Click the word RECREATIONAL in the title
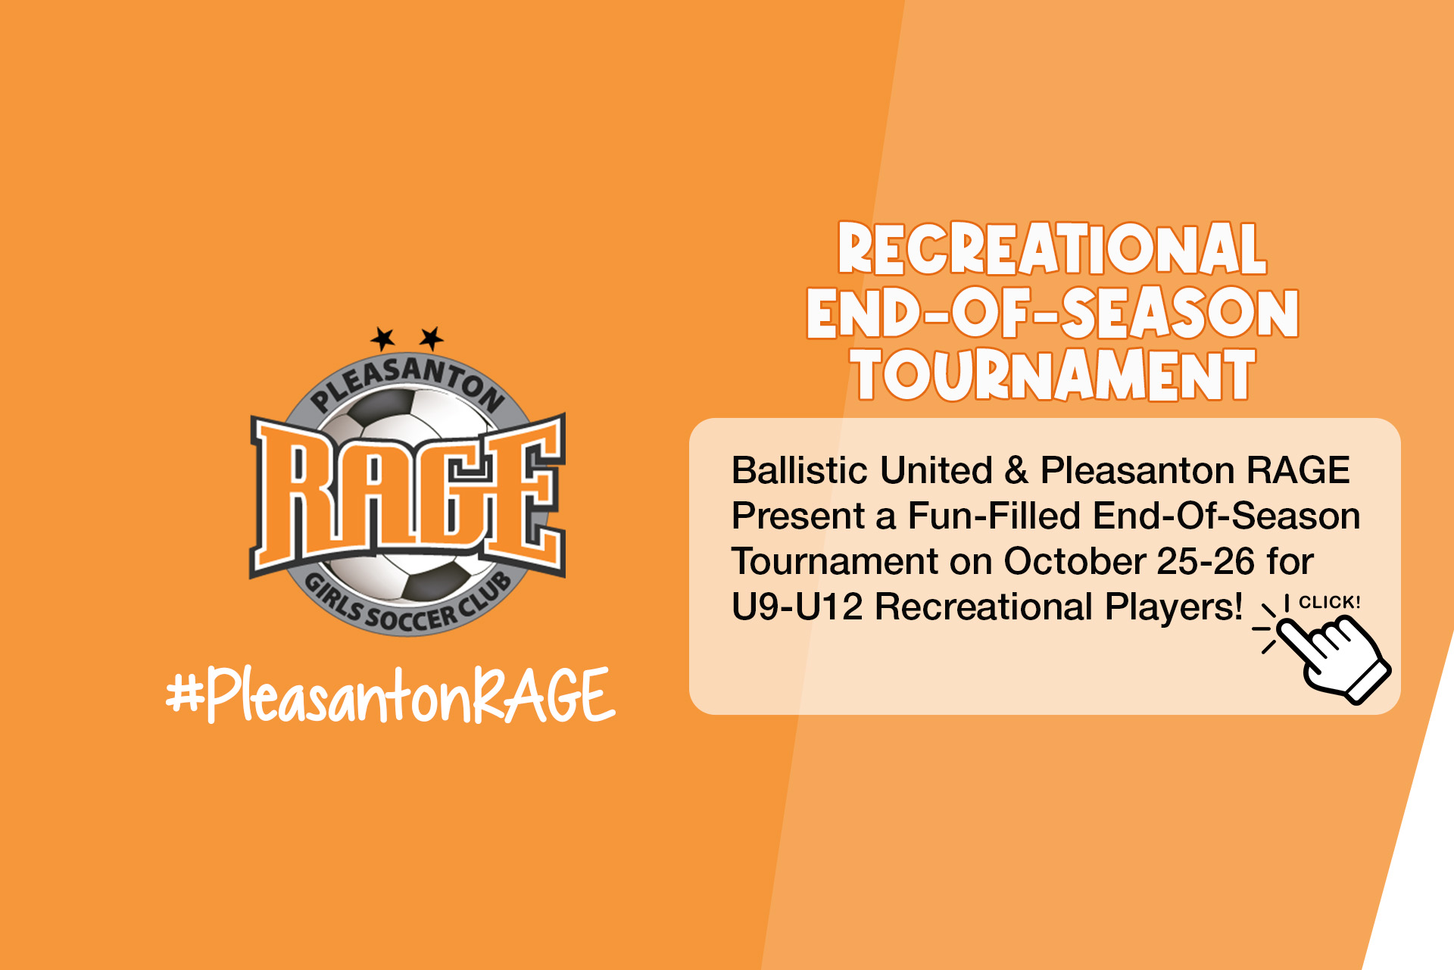click(1052, 248)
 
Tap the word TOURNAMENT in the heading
click(1053, 374)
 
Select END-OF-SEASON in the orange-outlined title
click(1053, 312)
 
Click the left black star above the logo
click(383, 338)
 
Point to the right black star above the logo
click(432, 338)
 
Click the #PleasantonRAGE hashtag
click(391, 695)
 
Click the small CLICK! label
click(1330, 603)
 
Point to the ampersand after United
click(1016, 470)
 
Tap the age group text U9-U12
click(797, 607)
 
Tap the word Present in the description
click(798, 516)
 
